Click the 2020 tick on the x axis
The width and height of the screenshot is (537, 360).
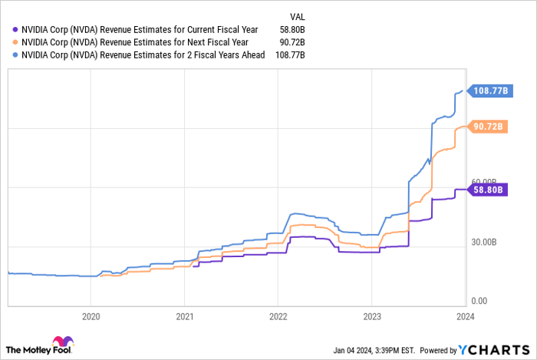click(91, 315)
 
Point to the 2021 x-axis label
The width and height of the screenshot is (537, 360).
click(184, 315)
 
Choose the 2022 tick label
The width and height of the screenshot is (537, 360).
click(278, 315)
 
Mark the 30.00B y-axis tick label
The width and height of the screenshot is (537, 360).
click(486, 242)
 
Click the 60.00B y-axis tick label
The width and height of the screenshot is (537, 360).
click(486, 182)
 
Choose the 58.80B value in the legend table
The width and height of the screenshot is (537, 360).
click(292, 30)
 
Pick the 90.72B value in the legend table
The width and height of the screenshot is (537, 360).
click(292, 42)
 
